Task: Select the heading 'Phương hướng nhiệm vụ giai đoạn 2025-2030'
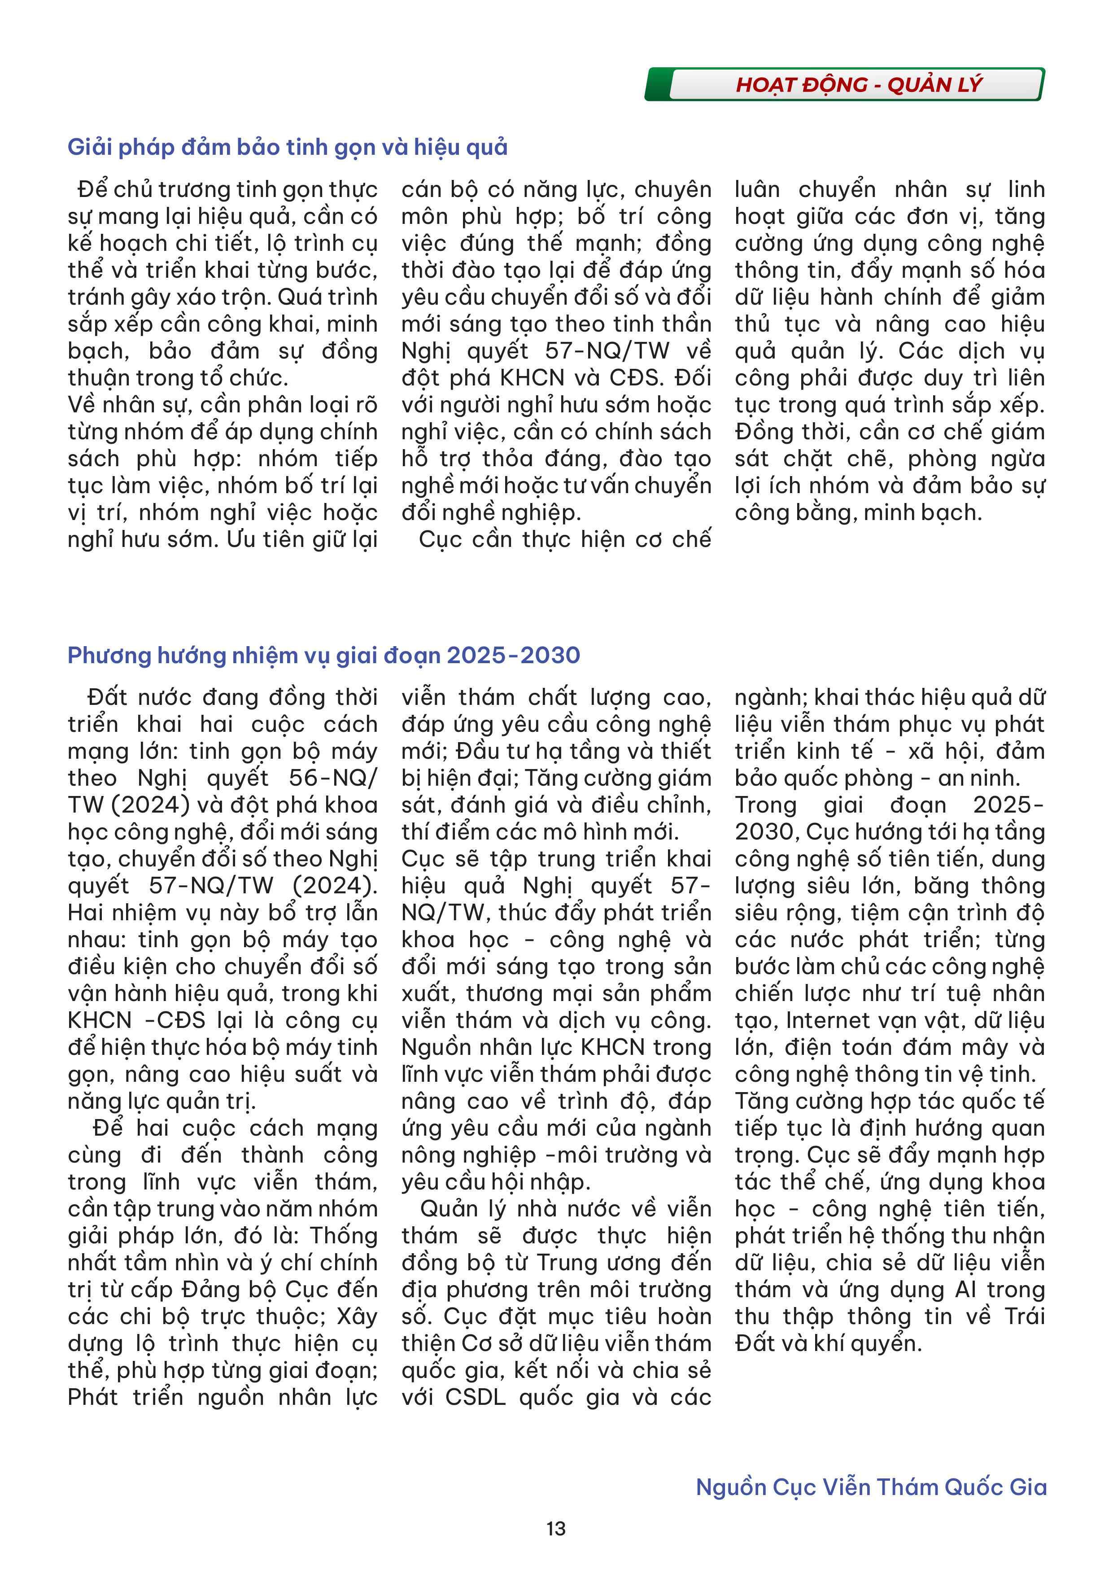323,656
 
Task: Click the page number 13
556,1528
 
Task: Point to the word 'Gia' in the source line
1028,1487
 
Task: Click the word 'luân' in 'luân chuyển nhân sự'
757,190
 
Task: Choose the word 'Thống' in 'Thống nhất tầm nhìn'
343,1236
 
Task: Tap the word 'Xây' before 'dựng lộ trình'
356,1317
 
